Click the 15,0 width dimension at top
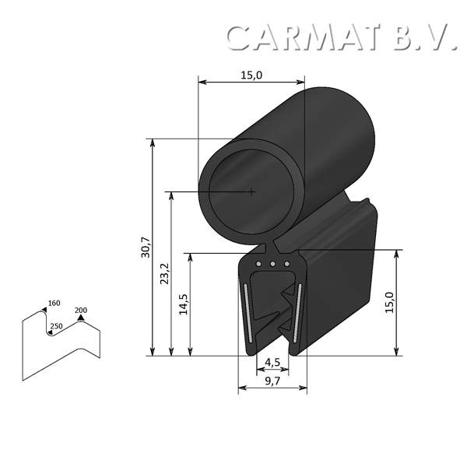point(251,75)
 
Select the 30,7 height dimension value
point(146,248)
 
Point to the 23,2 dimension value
point(164,274)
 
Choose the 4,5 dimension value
point(272,362)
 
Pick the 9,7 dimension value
point(272,381)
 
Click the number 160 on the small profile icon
point(54,304)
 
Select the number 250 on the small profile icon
point(56,326)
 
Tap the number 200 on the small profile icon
point(81,311)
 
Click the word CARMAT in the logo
point(307,37)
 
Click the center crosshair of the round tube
point(251,191)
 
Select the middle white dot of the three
point(272,265)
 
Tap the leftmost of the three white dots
point(258,265)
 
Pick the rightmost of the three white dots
point(286,265)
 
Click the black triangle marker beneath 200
point(80,318)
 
